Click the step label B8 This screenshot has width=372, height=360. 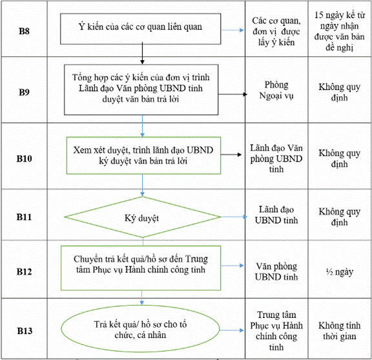[24, 31]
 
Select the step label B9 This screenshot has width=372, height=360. [24, 92]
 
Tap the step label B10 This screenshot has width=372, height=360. [24, 158]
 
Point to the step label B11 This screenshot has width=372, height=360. [24, 217]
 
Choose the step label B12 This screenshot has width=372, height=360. [24, 271]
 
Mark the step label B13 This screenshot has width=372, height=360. [25, 331]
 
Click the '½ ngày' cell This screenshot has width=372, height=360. [340, 271]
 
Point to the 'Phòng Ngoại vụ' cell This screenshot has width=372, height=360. [276, 90]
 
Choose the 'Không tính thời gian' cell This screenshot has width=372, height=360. [340, 331]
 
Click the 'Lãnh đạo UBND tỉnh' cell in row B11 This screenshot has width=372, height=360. [276, 215]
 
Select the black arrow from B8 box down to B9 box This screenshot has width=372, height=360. [142, 53]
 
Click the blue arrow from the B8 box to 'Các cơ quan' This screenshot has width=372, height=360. [232, 30]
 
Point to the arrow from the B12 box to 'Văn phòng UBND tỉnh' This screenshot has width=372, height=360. [232, 266]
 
